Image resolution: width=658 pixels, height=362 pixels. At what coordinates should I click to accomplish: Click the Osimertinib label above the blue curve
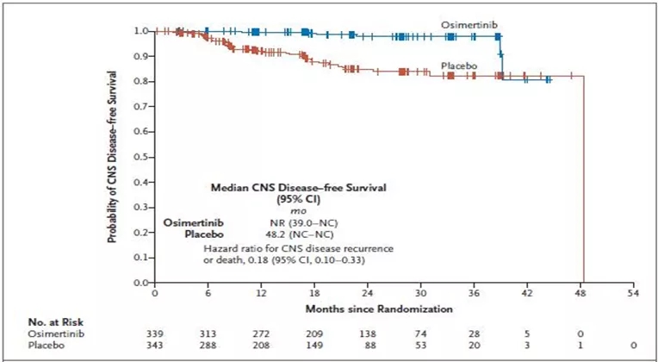467,27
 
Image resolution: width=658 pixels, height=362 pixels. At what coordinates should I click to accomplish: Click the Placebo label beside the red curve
459,66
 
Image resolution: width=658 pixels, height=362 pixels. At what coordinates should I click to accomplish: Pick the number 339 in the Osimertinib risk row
154,332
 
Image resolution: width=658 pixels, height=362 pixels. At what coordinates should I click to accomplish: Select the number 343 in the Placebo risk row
154,345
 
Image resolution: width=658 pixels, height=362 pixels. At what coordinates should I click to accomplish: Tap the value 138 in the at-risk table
368,332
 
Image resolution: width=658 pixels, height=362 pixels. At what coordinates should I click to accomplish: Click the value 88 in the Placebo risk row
368,345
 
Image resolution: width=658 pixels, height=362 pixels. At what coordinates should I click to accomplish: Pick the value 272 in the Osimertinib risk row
261,332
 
